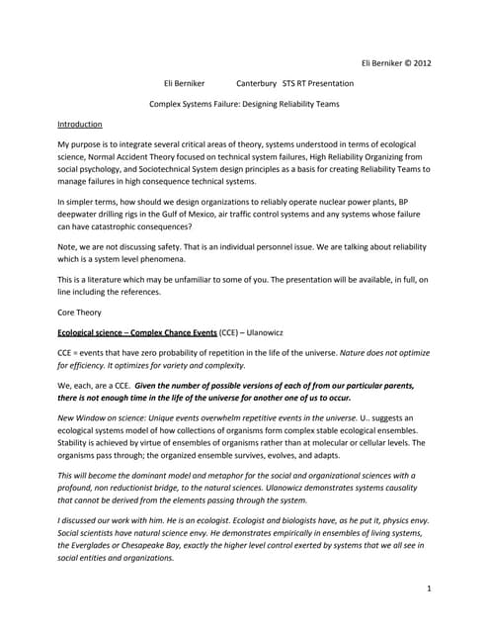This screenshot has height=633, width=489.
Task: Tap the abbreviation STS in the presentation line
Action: tap(292, 83)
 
